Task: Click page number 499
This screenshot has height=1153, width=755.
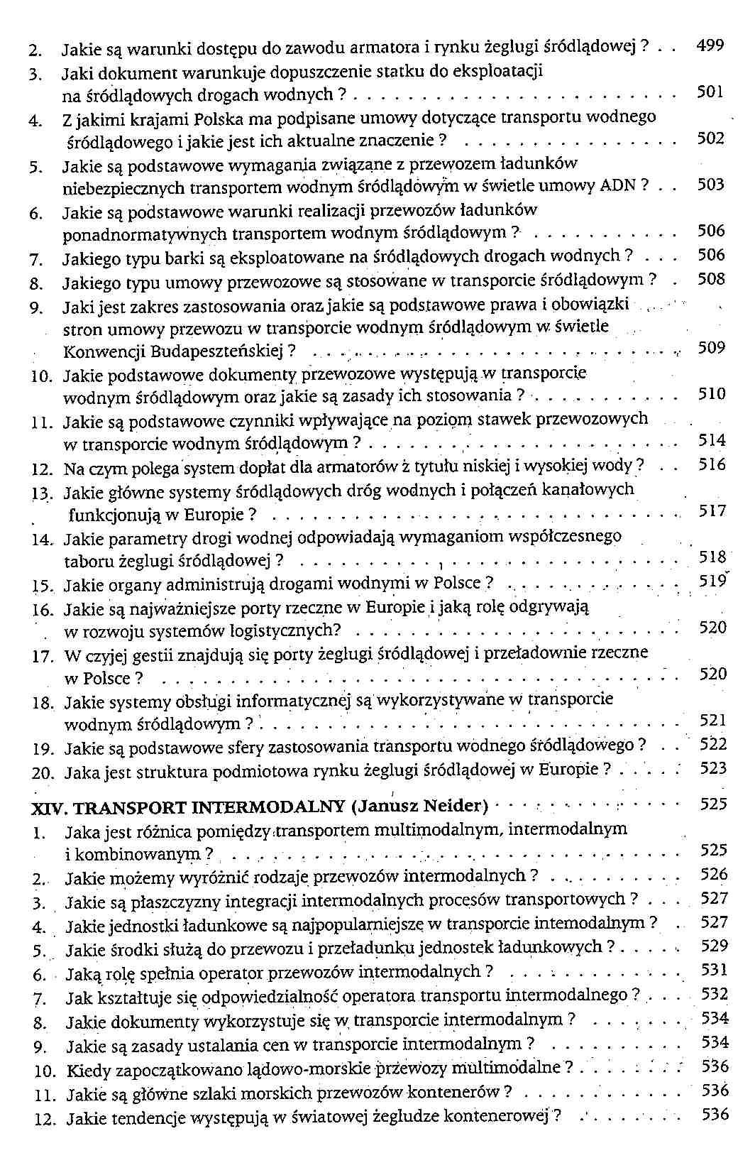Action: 710,46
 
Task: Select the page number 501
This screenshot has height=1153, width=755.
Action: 710,92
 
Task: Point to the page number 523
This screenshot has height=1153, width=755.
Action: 713,768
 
